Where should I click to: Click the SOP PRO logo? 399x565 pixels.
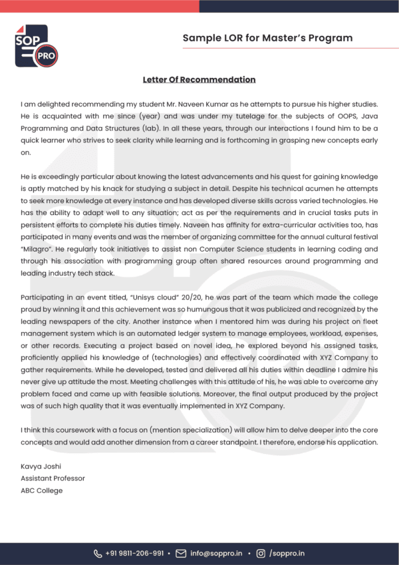36,45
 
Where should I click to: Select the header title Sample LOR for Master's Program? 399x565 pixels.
267,38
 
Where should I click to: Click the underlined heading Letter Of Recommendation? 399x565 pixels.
199,80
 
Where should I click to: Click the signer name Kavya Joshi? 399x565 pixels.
41,467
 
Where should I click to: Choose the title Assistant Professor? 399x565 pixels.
53,478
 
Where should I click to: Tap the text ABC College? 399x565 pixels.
41,490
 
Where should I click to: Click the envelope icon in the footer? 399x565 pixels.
181,553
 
